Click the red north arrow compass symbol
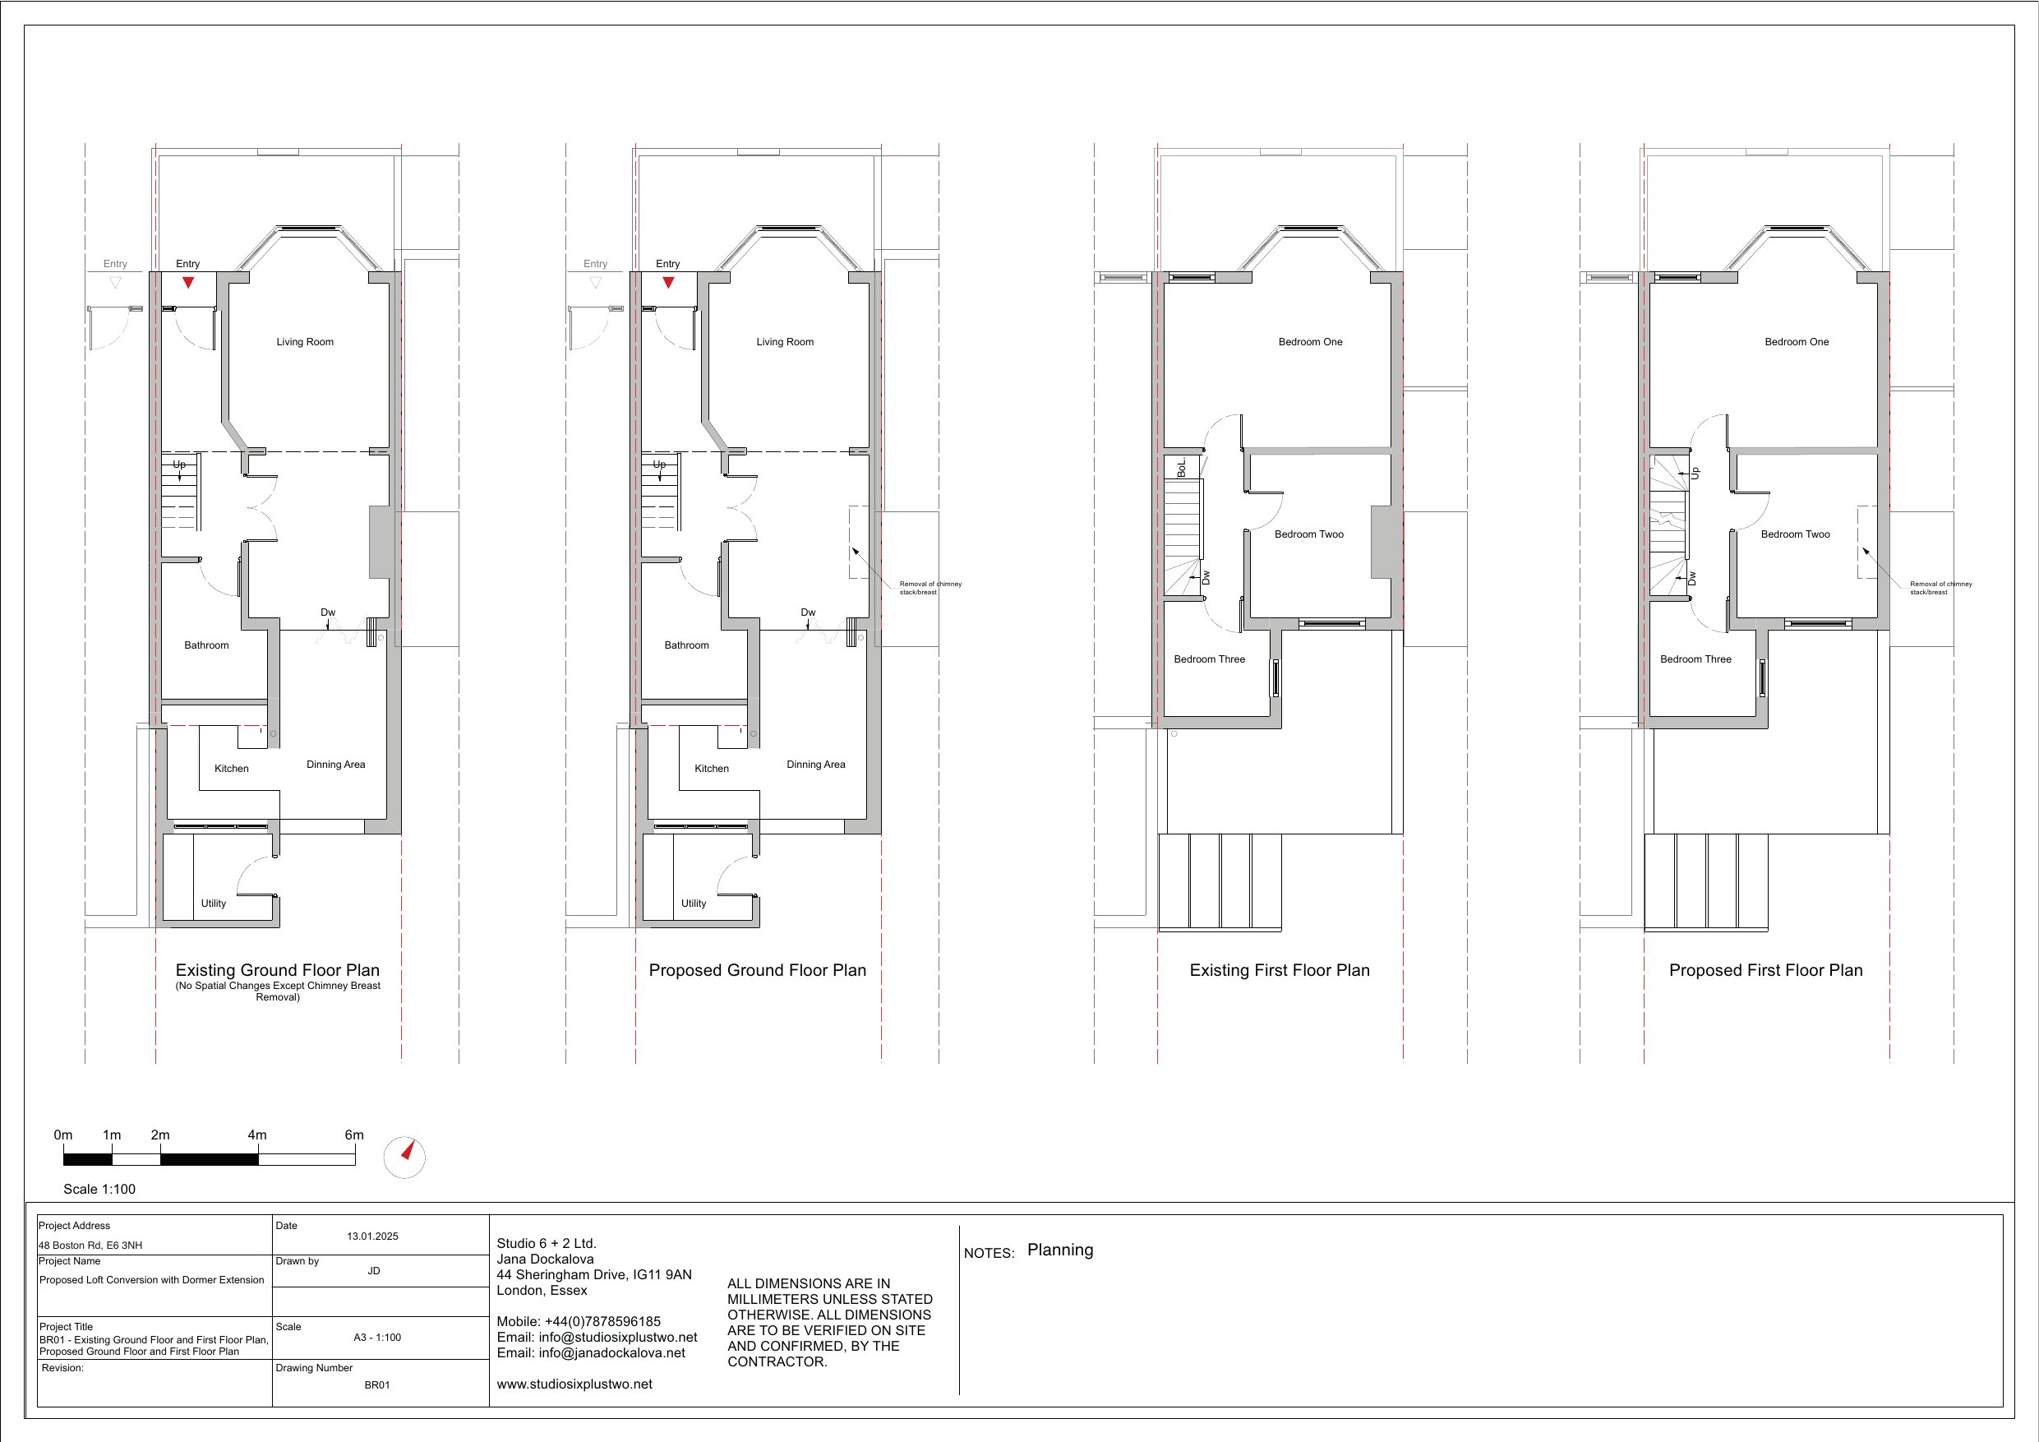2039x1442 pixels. click(408, 1152)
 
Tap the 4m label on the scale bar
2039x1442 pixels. click(256, 1135)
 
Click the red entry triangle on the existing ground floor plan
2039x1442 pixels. click(187, 283)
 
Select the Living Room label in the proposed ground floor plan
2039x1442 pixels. click(785, 342)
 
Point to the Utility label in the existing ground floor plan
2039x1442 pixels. click(213, 904)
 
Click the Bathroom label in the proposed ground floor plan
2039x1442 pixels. click(686, 645)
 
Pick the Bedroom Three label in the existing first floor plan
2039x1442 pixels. click(1210, 659)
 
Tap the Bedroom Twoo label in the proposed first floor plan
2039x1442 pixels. click(1796, 534)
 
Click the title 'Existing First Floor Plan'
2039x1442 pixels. click(1280, 970)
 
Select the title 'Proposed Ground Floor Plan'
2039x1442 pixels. click(758, 970)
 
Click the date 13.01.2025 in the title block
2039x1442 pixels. click(373, 1236)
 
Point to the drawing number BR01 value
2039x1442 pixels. click(377, 1384)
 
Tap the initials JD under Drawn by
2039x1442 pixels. click(374, 1270)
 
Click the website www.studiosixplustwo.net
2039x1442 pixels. click(574, 1384)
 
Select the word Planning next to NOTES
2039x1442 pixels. click(1060, 1250)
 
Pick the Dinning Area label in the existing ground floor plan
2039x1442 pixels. click(335, 764)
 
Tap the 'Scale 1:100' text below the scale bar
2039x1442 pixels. click(99, 1189)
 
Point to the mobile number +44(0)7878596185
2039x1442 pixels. click(604, 1321)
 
